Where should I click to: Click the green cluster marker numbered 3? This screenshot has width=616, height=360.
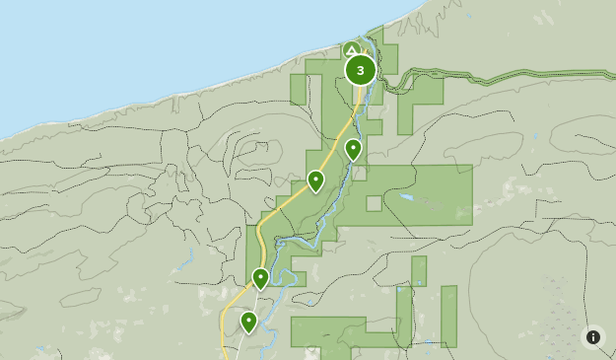coord(360,70)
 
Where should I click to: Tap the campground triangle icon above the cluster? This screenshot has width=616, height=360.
coord(352,48)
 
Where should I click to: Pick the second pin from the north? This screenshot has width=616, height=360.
coord(315,181)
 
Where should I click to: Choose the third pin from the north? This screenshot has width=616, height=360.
coord(260,279)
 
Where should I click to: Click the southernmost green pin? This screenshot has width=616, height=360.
coord(248,323)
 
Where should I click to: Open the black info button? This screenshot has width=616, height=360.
coord(592,337)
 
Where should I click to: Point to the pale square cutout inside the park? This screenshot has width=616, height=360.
coord(374,204)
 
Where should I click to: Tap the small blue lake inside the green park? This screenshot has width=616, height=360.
coord(405,197)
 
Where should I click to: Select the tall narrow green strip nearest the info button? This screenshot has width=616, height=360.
coord(448,316)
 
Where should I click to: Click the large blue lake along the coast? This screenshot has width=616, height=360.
coord(148,39)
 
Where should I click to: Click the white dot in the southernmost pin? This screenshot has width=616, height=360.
coord(248,320)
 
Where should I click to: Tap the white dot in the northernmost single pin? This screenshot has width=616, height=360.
coord(353,148)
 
